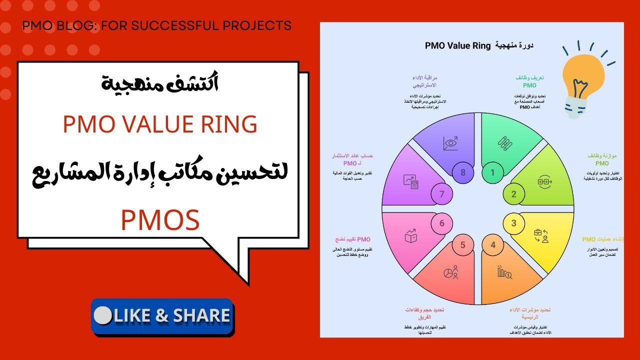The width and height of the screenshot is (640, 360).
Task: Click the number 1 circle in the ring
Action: [492, 173]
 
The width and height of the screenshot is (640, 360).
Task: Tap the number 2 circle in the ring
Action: [513, 194]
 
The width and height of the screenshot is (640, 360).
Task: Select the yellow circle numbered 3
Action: [513, 223]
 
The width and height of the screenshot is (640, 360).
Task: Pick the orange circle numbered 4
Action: [493, 245]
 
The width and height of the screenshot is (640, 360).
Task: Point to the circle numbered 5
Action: [463, 245]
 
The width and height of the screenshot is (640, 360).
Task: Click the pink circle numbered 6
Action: [442, 223]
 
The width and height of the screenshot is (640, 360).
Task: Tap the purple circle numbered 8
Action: [463, 173]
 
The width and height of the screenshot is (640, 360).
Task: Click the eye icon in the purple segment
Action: [450, 143]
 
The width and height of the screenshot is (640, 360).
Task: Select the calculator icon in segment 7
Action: [411, 181]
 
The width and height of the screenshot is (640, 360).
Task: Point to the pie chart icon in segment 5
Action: [451, 273]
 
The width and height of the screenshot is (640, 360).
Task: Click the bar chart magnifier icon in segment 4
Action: [504, 272]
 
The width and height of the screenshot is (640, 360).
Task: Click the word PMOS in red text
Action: [160, 220]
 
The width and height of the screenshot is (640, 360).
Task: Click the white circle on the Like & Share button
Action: [102, 315]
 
